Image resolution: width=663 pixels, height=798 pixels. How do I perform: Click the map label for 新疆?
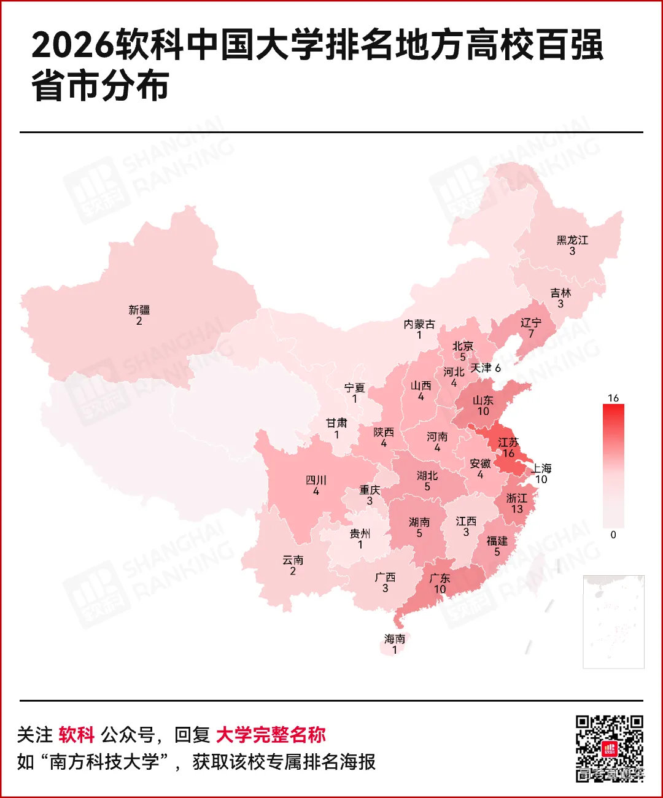[x=139, y=311]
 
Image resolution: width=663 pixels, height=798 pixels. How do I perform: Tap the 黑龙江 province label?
[x=572, y=240]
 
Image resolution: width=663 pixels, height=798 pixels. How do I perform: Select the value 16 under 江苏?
[x=508, y=453]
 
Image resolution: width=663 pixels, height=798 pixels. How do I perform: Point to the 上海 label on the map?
[x=541, y=468]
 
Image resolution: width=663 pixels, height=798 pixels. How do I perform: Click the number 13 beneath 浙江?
[x=517, y=509]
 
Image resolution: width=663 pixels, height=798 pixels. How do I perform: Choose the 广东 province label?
[x=440, y=578]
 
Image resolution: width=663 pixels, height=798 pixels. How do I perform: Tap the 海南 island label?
[x=395, y=639]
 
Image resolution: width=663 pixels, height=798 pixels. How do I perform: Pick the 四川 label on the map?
[x=316, y=480]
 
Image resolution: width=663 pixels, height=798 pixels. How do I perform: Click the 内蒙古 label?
[x=419, y=324]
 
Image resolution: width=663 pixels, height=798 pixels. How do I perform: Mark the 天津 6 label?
[x=486, y=368]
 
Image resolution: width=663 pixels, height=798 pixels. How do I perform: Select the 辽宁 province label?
[x=531, y=323]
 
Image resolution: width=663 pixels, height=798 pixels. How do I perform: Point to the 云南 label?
[x=293, y=560]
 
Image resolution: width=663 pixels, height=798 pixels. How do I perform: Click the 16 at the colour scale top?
[x=613, y=398]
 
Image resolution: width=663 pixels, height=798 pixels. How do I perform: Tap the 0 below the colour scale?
[x=613, y=535]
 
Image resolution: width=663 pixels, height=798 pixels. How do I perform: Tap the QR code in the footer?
[x=609, y=748]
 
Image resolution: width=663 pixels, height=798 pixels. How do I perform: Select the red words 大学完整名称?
[x=271, y=735]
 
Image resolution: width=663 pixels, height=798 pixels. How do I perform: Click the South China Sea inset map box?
[x=613, y=621]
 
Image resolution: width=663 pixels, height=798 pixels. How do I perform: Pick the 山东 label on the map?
[x=483, y=400]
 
